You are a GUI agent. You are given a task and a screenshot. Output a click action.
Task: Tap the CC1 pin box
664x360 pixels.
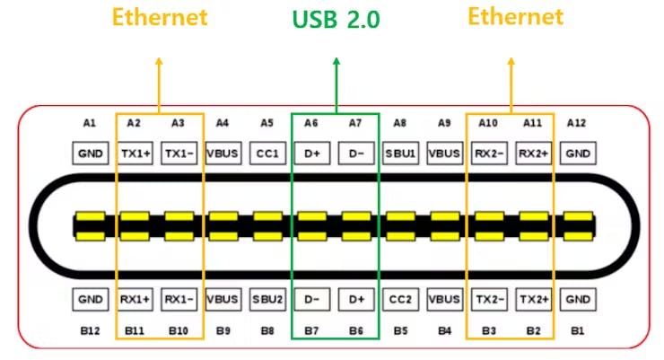click(267, 154)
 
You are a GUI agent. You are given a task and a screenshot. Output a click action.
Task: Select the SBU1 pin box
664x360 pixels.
click(401, 154)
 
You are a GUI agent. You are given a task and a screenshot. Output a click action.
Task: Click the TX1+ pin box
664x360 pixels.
click(135, 154)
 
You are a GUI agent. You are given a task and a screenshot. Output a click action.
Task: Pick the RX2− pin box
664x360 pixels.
click(489, 154)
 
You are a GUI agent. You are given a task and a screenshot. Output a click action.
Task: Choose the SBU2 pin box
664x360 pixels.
click(267, 297)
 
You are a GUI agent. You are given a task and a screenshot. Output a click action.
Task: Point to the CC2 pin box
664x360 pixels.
click(401, 297)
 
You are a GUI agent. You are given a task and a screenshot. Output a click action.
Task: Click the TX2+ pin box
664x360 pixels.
click(533, 297)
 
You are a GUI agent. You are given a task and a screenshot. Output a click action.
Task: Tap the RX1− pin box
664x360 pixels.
click(179, 297)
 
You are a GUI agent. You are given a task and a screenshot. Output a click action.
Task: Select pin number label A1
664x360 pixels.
click(89, 122)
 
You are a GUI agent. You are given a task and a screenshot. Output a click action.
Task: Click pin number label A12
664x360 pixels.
click(577, 122)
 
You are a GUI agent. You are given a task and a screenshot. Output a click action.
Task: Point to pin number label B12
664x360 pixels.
click(89, 330)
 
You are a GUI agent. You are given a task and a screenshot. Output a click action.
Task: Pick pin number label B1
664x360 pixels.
click(577, 330)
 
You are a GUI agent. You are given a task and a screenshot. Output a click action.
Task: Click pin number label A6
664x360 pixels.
click(311, 122)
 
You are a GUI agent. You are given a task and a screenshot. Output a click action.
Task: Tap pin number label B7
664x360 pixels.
click(311, 330)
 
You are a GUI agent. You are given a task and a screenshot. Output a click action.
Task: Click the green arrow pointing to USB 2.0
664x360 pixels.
click(336, 85)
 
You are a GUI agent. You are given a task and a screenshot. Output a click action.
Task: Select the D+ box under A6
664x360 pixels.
click(312, 154)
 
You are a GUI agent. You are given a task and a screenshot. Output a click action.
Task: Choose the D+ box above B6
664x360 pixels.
click(356, 297)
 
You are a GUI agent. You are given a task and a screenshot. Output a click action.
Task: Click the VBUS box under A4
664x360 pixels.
click(223, 154)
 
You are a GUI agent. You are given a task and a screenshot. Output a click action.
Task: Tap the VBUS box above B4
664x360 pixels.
click(445, 297)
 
